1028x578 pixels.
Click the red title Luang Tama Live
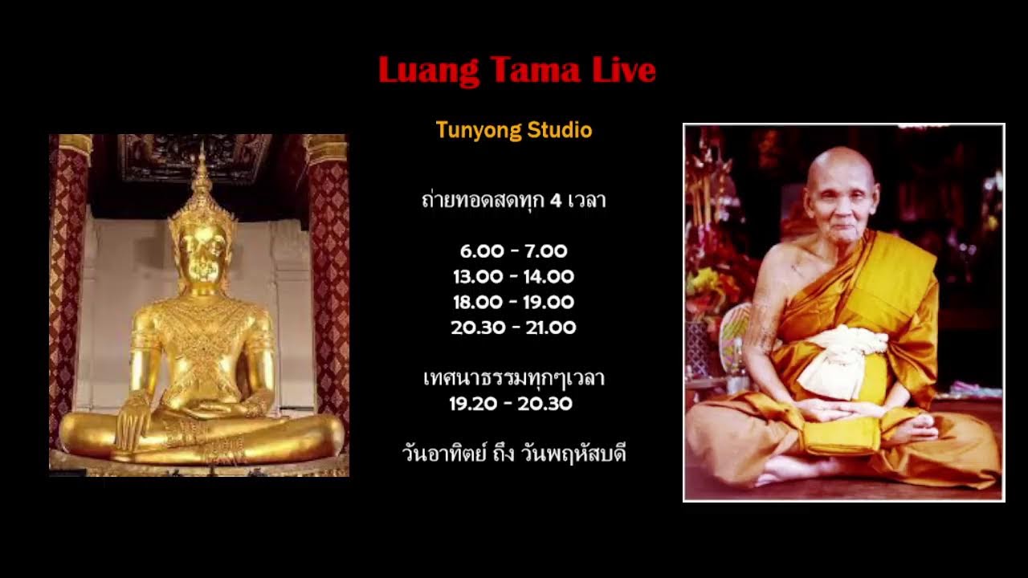coord(516,71)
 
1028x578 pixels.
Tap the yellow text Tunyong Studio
coord(514,130)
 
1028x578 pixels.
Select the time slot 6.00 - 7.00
coord(514,251)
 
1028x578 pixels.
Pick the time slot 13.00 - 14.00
coord(514,277)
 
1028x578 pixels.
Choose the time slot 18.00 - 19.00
coord(514,303)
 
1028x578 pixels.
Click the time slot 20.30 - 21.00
coord(514,328)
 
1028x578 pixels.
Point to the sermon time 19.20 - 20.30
coord(511,404)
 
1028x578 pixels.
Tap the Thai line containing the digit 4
coord(514,200)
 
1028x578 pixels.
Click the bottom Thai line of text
coord(514,454)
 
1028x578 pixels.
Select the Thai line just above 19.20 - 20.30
coord(514,377)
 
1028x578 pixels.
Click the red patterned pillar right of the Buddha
coord(329,281)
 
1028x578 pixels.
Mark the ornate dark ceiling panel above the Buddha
coord(195,158)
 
